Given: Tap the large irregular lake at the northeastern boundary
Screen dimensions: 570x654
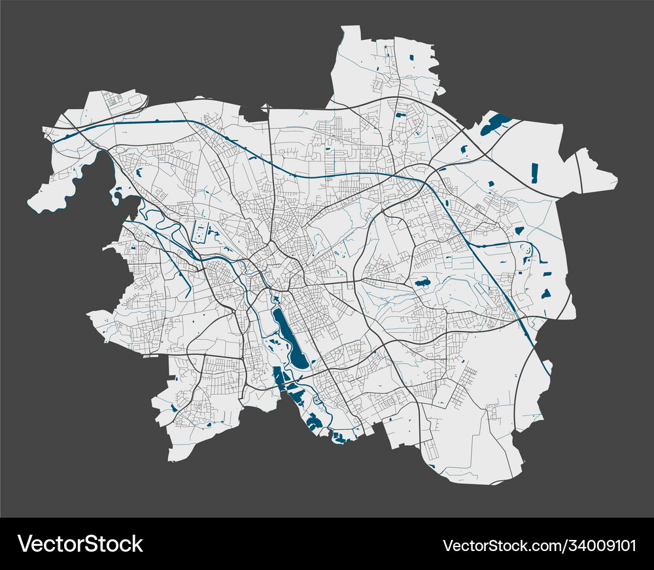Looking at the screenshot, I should [x=495, y=124].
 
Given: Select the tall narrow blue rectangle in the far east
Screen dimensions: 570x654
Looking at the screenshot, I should [x=534, y=173].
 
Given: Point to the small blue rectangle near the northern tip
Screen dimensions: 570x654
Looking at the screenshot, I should [x=412, y=58].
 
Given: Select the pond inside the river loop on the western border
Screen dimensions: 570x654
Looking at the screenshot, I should [x=117, y=193].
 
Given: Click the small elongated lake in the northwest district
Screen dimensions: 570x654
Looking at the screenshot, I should [x=139, y=174].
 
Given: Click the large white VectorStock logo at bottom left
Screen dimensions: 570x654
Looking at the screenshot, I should [x=80, y=544].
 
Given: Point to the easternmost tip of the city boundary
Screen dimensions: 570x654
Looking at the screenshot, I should [x=617, y=178].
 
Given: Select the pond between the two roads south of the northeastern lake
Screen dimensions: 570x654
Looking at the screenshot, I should [x=464, y=149].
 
